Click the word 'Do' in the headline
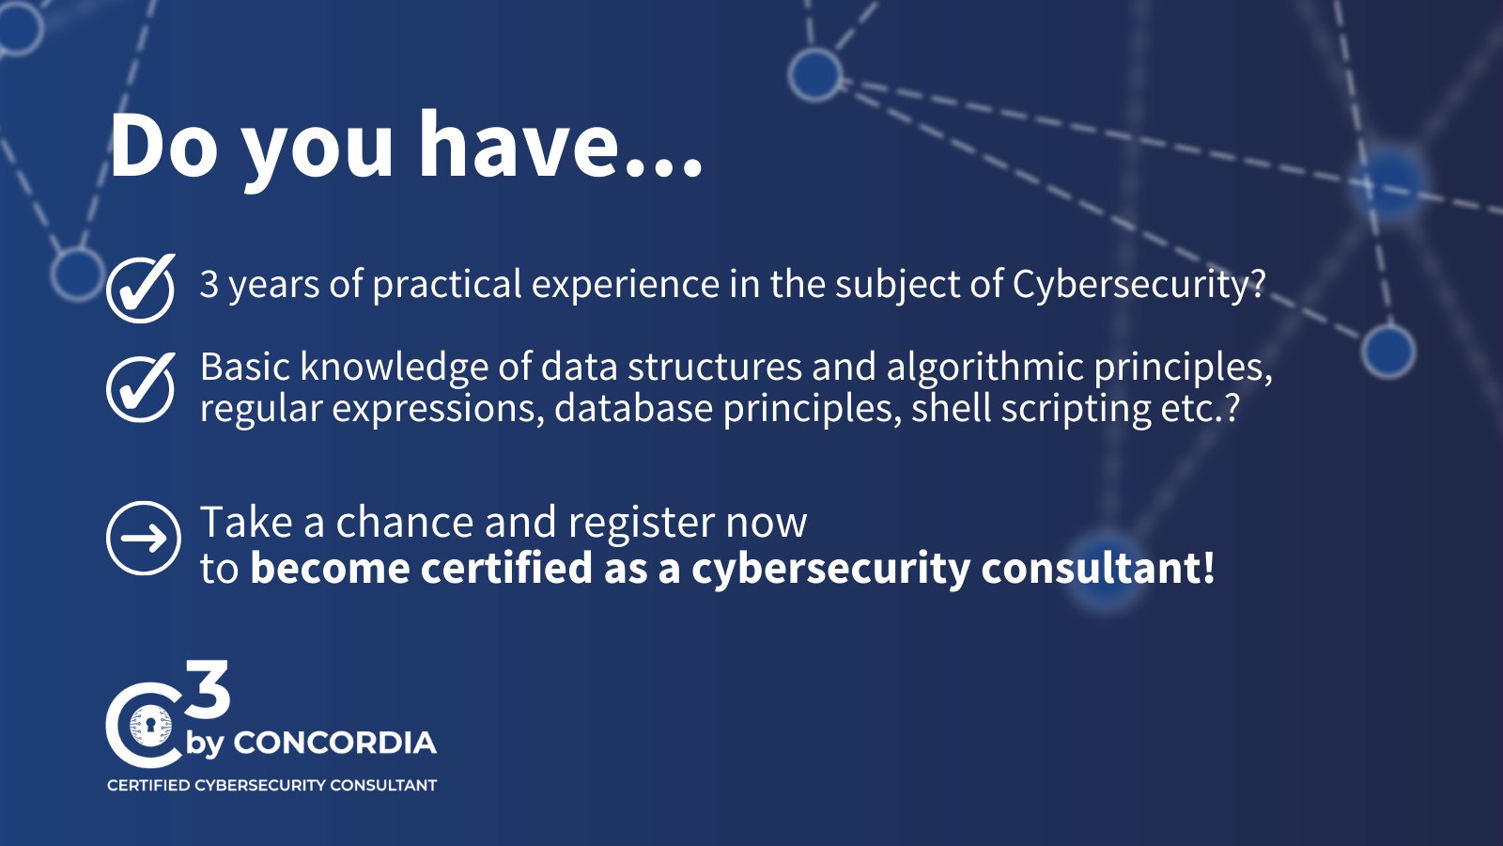pyautogui.click(x=164, y=146)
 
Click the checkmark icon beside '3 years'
pyautogui.click(x=141, y=288)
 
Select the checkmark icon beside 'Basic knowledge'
pyautogui.click(x=141, y=387)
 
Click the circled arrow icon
pyautogui.click(x=144, y=538)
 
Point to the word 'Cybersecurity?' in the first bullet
pyautogui.click(x=1139, y=285)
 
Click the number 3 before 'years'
pyautogui.click(x=209, y=284)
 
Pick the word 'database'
pyautogui.click(x=633, y=408)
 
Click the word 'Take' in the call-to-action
pyautogui.click(x=246, y=522)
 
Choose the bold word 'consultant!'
pyautogui.click(x=1098, y=568)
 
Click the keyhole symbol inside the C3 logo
pyautogui.click(x=148, y=726)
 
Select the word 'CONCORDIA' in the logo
pyautogui.click(x=334, y=744)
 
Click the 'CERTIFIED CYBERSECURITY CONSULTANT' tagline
pyautogui.click(x=271, y=785)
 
